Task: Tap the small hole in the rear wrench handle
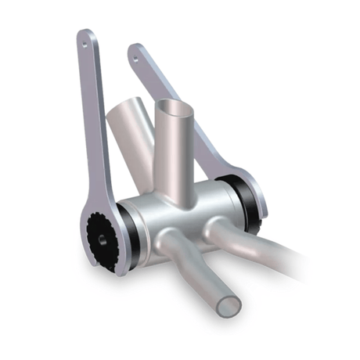point(135,56)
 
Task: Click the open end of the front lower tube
point(227,302)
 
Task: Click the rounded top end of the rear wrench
point(135,49)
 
